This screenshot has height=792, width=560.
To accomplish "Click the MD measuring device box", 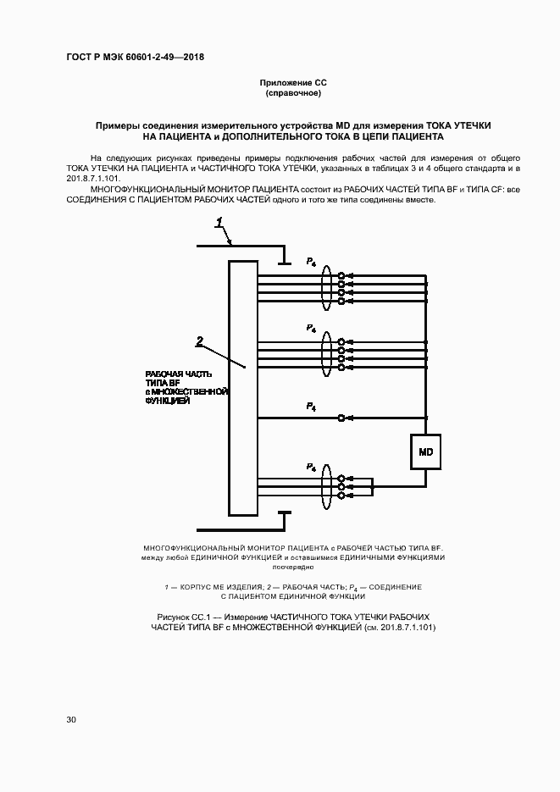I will click(x=425, y=452).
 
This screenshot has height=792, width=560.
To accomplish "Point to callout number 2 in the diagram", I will click(x=200, y=341).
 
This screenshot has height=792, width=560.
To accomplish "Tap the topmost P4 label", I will click(x=311, y=261).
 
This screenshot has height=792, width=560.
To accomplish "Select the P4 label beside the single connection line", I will click(x=311, y=407).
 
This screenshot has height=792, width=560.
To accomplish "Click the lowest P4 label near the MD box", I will click(x=311, y=467).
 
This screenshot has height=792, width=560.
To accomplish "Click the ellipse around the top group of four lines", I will click(x=326, y=289).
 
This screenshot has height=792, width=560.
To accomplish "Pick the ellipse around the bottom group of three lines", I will click(x=326, y=487).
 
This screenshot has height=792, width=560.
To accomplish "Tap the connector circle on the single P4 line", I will click(x=341, y=418).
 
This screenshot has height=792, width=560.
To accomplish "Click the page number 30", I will click(x=71, y=719).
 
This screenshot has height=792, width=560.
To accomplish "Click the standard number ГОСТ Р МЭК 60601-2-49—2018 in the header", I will click(x=135, y=58).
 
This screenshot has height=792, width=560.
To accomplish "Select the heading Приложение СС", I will click(x=292, y=82).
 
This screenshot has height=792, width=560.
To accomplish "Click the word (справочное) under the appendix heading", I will click(x=292, y=92).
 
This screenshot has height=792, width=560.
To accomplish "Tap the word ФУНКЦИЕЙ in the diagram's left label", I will click(x=167, y=401).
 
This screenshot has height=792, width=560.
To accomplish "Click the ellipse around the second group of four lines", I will click(x=326, y=354).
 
